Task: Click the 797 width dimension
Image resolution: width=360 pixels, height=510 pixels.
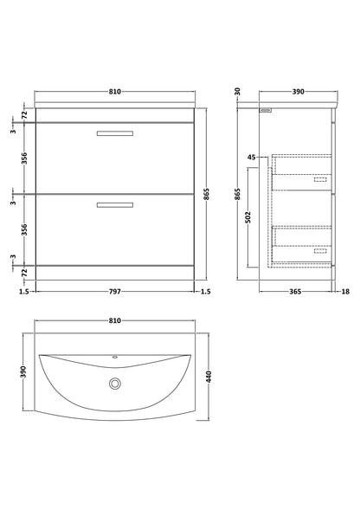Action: pyautogui.click(x=114, y=292)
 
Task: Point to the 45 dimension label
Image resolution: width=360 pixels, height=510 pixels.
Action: pyautogui.click(x=252, y=157)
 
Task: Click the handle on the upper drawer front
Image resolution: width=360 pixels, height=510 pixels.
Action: pyautogui.click(x=114, y=133)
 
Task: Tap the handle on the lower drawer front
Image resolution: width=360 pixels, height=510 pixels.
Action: pyautogui.click(x=114, y=204)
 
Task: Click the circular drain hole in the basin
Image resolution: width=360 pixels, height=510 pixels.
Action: pyautogui.click(x=114, y=383)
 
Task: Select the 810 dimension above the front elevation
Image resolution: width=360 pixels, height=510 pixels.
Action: pyautogui.click(x=114, y=89)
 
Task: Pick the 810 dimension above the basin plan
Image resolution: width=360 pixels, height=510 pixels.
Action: pyautogui.click(x=114, y=320)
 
